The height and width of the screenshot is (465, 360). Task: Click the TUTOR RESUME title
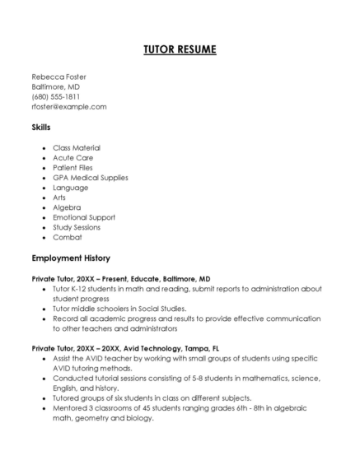(180, 50)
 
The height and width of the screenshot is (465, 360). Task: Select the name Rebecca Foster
(58, 77)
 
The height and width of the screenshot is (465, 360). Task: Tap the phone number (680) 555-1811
(55, 96)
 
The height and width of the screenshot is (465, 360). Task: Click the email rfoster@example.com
(69, 106)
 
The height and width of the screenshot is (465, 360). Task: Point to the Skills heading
(40, 128)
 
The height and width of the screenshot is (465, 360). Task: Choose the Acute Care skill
(72, 157)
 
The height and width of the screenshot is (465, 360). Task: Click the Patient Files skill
(73, 167)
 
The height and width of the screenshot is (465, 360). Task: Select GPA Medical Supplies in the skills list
(91, 177)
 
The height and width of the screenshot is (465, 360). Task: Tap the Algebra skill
(66, 207)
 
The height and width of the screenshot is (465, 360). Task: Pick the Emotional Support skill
(84, 217)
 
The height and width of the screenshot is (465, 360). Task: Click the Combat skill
(66, 237)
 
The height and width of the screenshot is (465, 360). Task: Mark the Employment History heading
(76, 258)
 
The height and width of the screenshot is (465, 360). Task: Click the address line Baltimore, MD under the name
(55, 86)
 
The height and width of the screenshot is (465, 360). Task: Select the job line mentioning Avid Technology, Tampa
(125, 348)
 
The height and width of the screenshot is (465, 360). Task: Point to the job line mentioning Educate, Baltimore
(120, 279)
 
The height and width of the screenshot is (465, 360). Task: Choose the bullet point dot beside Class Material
(43, 147)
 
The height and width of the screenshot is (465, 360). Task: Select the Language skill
(70, 187)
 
